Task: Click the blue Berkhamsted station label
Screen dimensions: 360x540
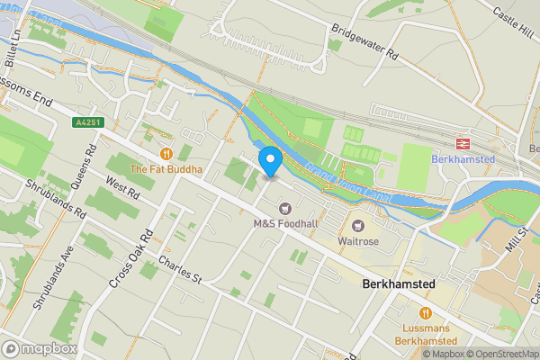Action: coord(463,159)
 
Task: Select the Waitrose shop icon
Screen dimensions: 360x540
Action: coord(358,225)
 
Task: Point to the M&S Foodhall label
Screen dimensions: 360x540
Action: coord(285,223)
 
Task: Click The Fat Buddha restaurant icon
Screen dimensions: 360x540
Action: coord(166,153)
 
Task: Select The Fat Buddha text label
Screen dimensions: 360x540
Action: coord(166,169)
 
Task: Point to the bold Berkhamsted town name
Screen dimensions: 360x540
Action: coord(397,283)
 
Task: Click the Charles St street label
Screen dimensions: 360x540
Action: coord(180,268)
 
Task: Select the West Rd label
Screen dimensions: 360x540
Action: coord(122,188)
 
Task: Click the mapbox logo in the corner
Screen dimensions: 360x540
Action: coord(40,349)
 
